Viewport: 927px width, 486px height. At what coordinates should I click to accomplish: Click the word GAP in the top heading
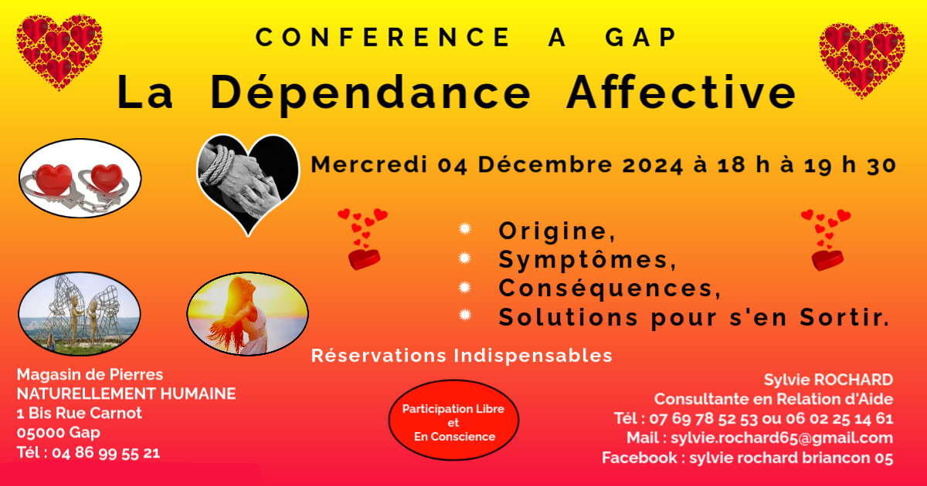point(640,37)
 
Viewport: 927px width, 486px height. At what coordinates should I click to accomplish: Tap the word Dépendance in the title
point(370,94)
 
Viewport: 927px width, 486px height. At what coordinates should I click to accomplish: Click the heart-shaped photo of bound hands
point(248,184)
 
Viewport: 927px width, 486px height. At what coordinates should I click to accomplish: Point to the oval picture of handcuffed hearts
point(80,178)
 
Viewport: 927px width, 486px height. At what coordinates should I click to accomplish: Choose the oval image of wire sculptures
point(80,314)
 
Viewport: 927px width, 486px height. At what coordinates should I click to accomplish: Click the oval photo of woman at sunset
point(247,313)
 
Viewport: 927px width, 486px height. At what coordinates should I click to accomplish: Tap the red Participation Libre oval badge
point(453,420)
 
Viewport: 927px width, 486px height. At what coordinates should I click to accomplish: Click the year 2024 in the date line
point(653,165)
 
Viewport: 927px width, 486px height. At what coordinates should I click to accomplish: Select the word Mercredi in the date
point(369,164)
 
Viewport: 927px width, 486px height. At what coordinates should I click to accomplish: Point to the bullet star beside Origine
point(465,228)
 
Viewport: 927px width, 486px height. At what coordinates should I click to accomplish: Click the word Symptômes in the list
point(587,260)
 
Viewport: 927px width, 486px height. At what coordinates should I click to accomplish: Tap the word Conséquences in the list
point(610,288)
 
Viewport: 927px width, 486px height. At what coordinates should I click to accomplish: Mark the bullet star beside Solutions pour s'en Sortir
point(465,315)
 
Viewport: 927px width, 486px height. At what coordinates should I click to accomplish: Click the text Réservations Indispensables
point(461,356)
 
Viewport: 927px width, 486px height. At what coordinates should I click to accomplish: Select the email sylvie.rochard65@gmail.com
point(782,437)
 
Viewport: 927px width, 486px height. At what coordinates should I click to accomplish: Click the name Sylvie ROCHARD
point(828,380)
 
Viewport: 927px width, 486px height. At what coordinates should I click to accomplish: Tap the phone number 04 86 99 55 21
point(106,453)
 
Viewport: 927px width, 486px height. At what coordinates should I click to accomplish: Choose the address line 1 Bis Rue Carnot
point(79,413)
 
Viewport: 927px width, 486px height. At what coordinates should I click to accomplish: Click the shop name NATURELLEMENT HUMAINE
point(126,394)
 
